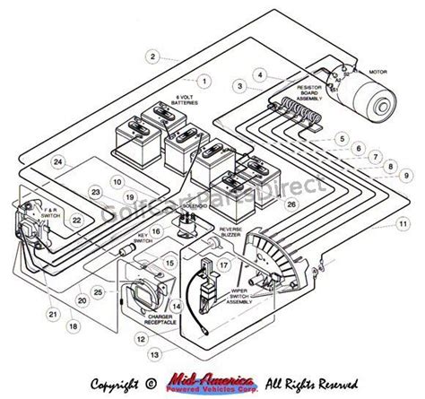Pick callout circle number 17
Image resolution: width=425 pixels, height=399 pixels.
pyautogui.click(x=223, y=265)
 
